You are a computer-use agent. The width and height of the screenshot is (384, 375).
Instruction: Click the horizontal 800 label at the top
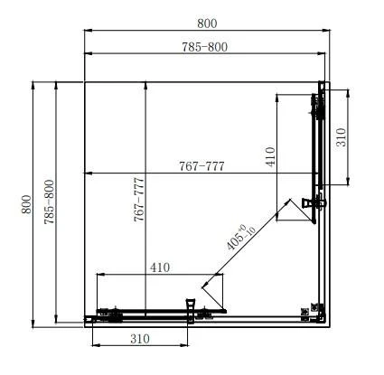(207, 23)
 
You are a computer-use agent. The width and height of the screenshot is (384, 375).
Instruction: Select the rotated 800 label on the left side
(26, 204)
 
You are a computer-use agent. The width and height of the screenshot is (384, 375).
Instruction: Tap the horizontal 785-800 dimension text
(205, 47)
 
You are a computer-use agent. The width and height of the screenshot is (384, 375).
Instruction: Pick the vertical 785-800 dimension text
(50, 202)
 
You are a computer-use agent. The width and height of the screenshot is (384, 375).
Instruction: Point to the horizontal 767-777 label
(201, 166)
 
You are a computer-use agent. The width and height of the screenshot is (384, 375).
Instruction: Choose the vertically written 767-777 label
(139, 200)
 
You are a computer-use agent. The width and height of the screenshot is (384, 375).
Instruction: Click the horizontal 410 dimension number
(160, 267)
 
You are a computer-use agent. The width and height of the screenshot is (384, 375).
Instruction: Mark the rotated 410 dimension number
(270, 156)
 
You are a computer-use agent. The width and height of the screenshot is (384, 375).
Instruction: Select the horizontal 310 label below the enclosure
(140, 339)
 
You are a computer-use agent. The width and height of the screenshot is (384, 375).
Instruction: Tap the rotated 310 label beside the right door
(342, 137)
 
